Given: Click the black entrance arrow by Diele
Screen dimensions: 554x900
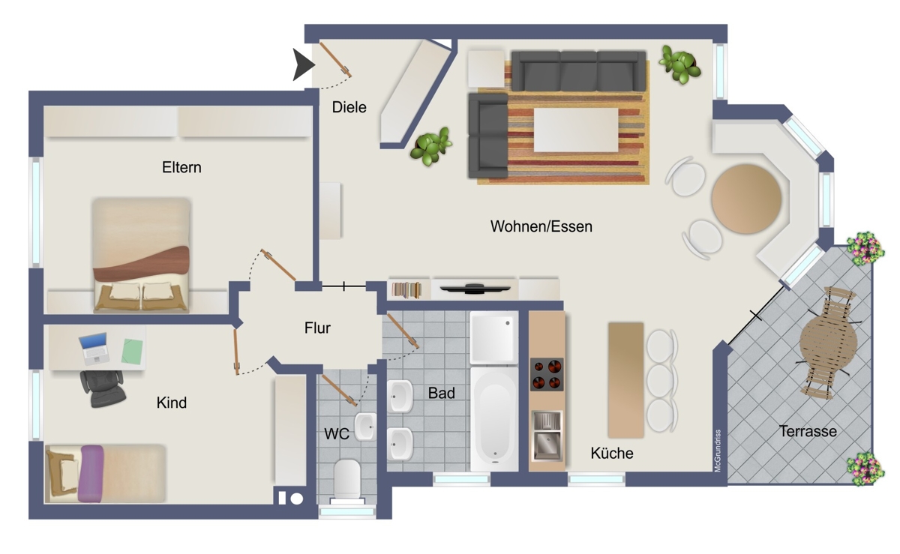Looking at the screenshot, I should (303, 65).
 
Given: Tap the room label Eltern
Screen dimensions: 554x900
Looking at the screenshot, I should (181, 167).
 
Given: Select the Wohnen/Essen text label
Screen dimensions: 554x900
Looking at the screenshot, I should (541, 226).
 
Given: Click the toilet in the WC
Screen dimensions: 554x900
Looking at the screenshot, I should (347, 479).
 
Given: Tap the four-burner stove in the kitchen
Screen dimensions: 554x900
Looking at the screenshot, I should (547, 375).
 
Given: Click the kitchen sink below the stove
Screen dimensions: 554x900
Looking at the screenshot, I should (547, 435).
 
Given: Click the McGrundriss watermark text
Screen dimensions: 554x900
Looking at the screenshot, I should (718, 451).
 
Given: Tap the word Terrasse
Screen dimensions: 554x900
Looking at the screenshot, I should (807, 431).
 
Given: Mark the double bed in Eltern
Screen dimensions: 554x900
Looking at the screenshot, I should (141, 255).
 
